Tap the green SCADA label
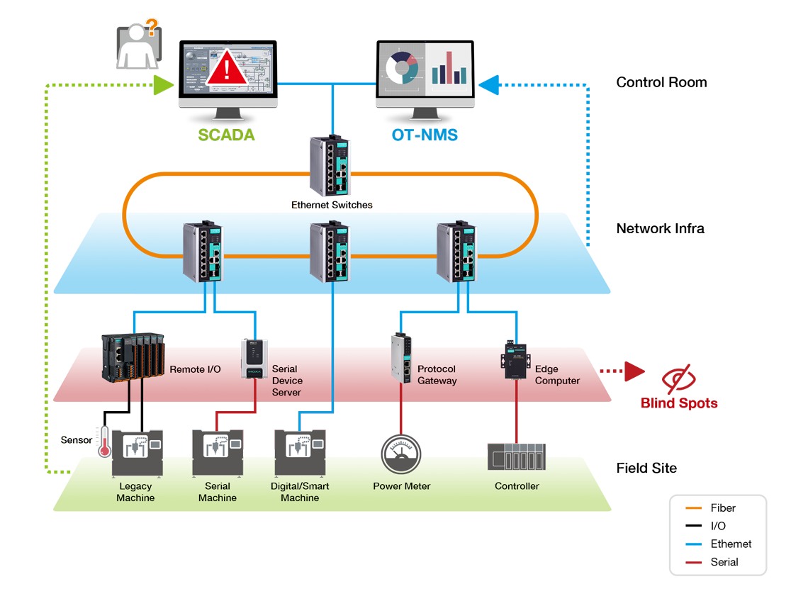point(226,135)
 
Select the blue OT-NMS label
point(425,135)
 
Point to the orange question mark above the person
point(152,27)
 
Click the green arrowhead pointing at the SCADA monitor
point(164,85)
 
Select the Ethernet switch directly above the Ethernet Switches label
point(330,165)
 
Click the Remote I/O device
point(133,357)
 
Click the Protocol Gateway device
point(401,358)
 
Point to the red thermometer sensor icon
point(105,442)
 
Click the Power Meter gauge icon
point(401,454)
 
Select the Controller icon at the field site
point(516,456)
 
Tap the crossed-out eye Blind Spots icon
point(679,378)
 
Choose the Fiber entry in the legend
point(710,508)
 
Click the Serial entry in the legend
point(712,562)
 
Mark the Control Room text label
point(662,82)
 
